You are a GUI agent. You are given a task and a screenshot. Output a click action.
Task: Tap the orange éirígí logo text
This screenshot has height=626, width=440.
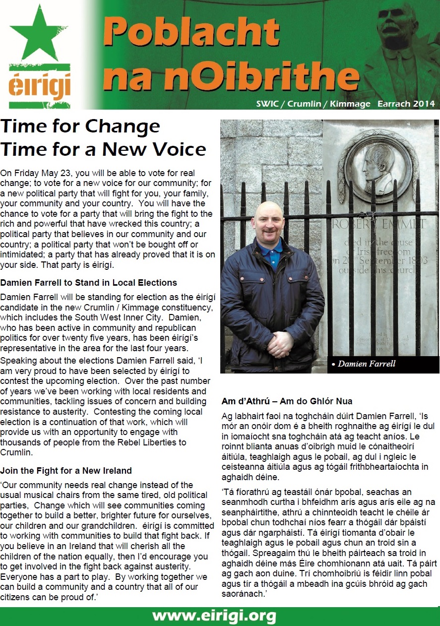point(39,86)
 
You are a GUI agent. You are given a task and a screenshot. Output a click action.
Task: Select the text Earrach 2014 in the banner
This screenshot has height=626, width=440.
point(406,104)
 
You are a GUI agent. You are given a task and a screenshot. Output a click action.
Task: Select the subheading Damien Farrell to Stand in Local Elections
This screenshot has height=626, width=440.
point(89,283)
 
